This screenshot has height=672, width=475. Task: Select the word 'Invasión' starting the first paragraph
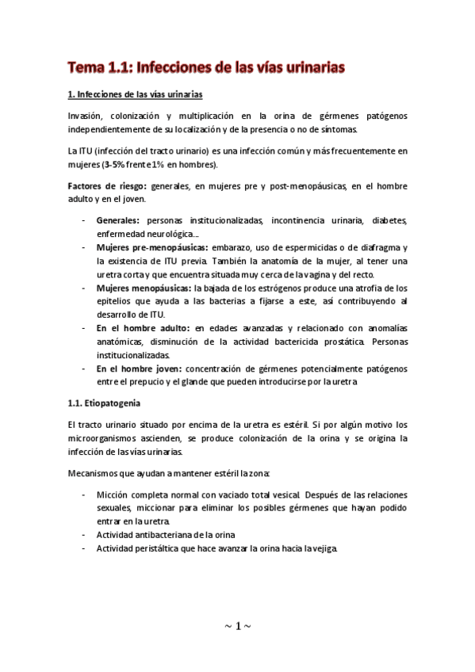86,116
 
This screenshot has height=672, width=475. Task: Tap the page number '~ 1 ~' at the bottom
237,625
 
